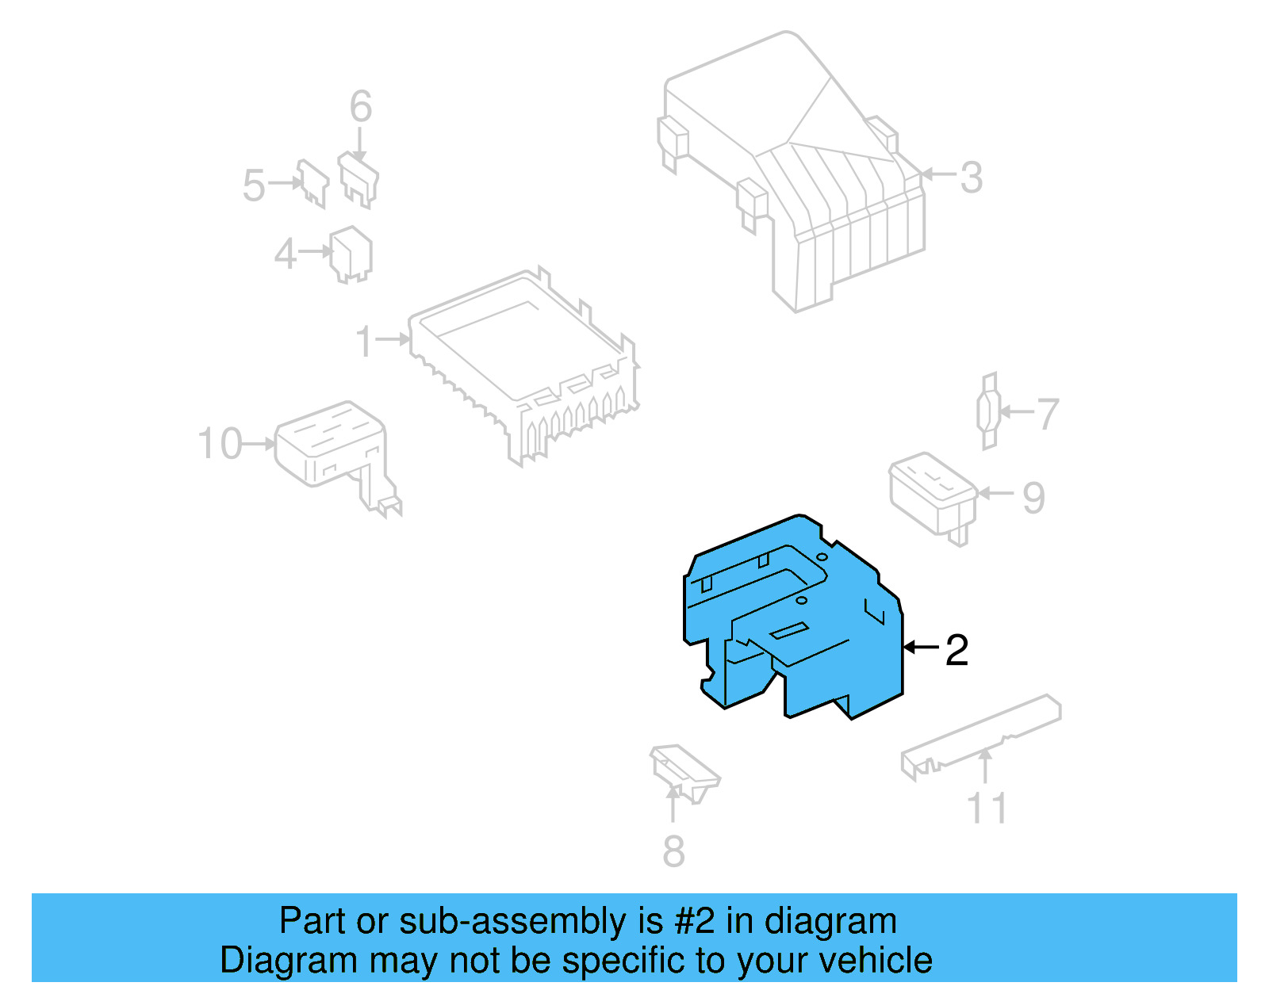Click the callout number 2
point(957,650)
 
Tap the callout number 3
point(971,177)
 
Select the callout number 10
point(220,444)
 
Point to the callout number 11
point(987,809)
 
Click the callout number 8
point(673,851)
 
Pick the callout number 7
point(1048,414)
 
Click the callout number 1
point(364,342)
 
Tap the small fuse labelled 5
point(312,183)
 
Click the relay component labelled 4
point(351,254)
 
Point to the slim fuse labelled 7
point(988,411)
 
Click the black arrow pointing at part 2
point(922,648)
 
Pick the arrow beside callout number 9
point(996,493)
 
